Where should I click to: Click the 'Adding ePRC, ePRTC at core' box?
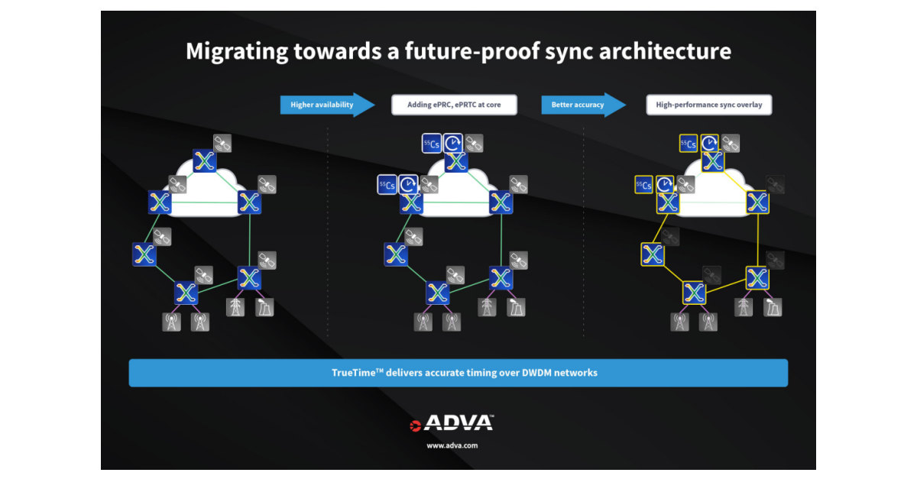[454, 105]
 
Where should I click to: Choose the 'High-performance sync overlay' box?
[708, 105]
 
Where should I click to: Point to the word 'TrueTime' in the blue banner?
[354, 373]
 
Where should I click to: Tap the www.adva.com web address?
[452, 445]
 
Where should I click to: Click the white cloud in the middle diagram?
[455, 191]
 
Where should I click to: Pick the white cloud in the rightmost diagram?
[712, 191]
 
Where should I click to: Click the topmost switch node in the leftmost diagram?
[204, 160]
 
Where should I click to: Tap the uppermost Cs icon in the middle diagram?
[432, 143]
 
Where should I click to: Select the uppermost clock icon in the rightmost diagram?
[711, 143]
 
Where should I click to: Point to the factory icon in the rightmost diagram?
[772, 307]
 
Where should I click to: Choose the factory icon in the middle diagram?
[516, 307]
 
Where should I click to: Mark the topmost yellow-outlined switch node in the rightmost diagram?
[712, 161]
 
